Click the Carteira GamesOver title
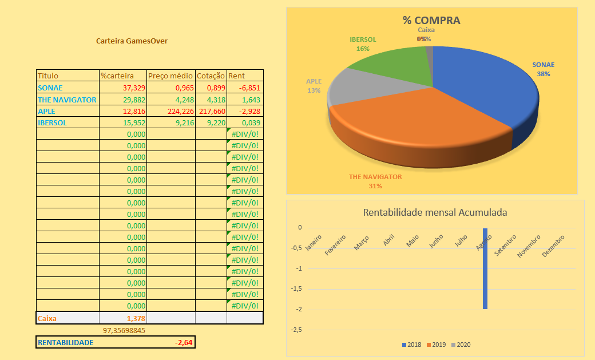coord(132,41)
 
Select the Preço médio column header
coord(170,76)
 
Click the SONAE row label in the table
coord(50,88)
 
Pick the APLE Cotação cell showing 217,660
coord(211,111)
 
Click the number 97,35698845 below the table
coord(124,330)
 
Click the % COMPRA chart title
coord(431,21)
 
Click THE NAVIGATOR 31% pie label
coord(375,181)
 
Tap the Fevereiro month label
coord(336,243)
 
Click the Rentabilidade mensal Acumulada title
coord(435,212)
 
